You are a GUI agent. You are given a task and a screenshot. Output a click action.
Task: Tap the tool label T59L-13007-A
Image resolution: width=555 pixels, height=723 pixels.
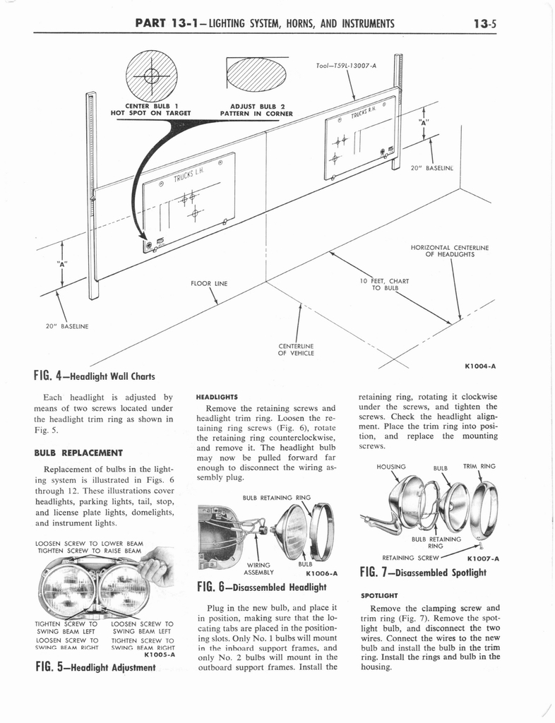(346, 66)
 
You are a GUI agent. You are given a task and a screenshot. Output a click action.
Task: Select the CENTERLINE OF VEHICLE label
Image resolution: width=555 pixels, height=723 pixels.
(297, 349)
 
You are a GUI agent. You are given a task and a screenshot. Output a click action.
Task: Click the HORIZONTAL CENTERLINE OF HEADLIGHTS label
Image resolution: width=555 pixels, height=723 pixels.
(449, 251)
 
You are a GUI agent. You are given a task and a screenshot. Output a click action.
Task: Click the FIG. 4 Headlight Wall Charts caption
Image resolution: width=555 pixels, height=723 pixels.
(94, 376)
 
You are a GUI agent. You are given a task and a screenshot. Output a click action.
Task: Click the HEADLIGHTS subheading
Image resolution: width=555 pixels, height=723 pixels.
(218, 397)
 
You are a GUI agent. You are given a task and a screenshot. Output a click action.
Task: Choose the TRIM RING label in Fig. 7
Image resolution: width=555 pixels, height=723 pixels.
(479, 467)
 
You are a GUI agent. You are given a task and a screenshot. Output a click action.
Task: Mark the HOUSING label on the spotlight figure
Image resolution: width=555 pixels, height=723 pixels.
(391, 467)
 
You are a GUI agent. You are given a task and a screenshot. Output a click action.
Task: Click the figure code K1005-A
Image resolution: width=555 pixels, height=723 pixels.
(158, 655)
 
